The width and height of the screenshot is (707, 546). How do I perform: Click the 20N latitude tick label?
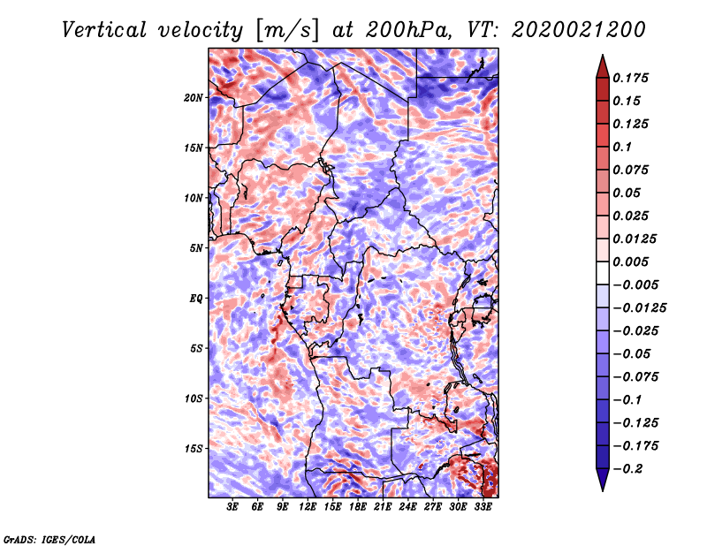pyautogui.click(x=194, y=97)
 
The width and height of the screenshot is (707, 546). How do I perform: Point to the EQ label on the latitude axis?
pyautogui.click(x=195, y=299)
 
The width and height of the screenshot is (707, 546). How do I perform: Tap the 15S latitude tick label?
pyautogui.click(x=194, y=449)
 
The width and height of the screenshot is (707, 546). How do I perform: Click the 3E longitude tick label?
pyautogui.click(x=233, y=507)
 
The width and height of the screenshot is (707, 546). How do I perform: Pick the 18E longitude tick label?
pyautogui.click(x=357, y=507)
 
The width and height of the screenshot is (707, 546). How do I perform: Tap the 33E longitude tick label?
pyautogui.click(x=483, y=507)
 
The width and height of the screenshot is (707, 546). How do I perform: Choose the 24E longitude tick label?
pyautogui.click(x=407, y=507)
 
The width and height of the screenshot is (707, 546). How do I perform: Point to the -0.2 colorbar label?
pyautogui.click(x=628, y=468)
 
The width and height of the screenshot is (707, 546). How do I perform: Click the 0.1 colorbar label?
pyautogui.click(x=623, y=147)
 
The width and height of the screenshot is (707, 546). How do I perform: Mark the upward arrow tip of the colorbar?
pyautogui.click(x=602, y=57)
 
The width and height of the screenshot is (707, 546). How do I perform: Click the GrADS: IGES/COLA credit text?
pyautogui.click(x=49, y=538)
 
